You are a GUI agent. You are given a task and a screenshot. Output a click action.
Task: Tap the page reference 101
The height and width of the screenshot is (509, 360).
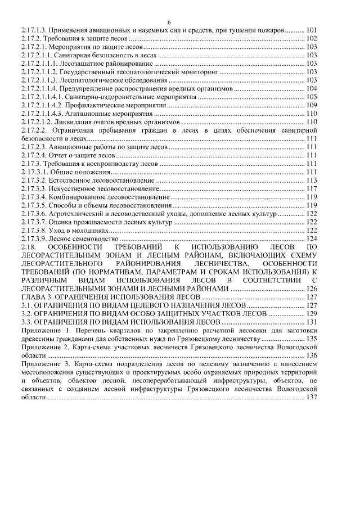pos(312,29)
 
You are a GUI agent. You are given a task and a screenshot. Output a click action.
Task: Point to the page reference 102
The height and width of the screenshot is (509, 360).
pos(312,38)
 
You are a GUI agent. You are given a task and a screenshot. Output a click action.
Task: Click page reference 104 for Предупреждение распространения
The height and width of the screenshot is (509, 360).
pos(312,89)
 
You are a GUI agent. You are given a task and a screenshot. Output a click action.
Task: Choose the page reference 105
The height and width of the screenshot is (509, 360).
pos(312,97)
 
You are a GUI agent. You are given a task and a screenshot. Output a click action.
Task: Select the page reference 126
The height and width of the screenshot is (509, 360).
pos(312,288)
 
